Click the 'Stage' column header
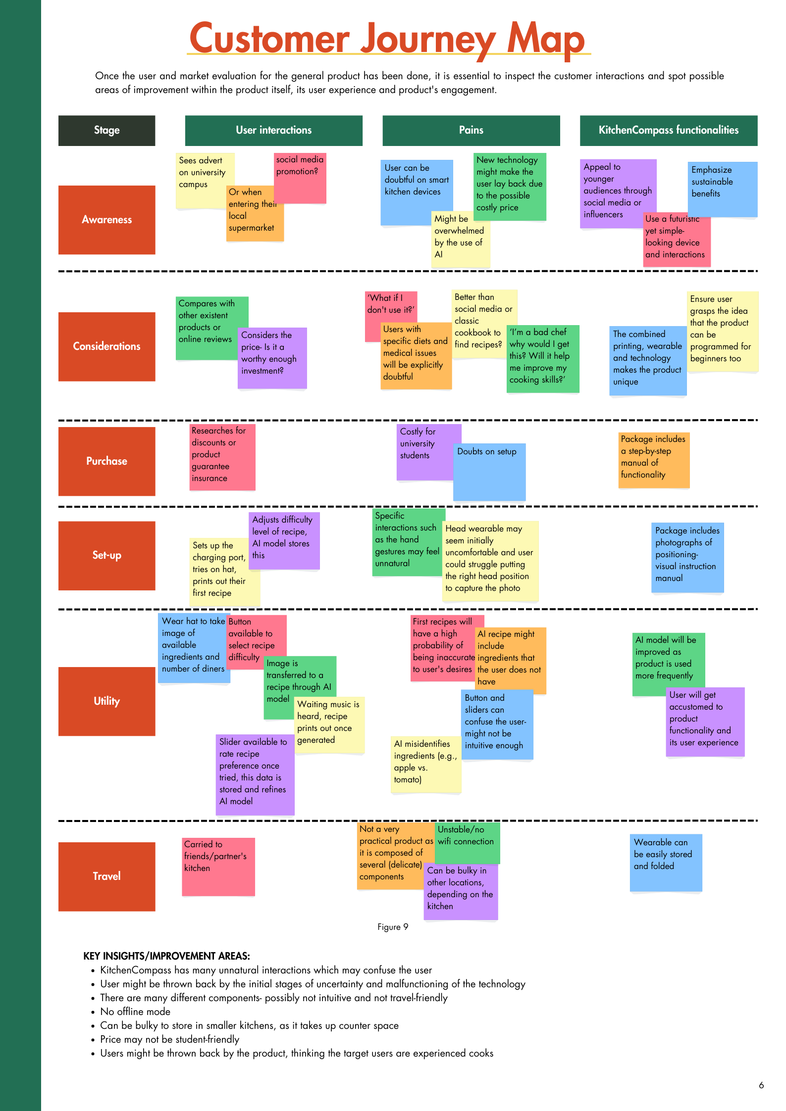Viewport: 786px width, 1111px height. pyautogui.click(x=106, y=131)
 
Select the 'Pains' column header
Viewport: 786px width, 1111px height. pyautogui.click(x=471, y=131)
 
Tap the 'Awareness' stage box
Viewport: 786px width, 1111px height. pyautogui.click(x=106, y=220)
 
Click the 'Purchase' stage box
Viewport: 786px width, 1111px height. pyautogui.click(x=106, y=461)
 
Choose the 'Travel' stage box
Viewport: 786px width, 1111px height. pyautogui.click(x=106, y=876)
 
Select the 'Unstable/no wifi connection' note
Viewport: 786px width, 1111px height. pyautogui.click(x=467, y=841)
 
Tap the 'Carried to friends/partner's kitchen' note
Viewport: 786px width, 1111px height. pyautogui.click(x=218, y=866)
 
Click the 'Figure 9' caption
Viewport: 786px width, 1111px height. pyautogui.click(x=393, y=927)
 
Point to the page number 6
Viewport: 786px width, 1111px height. pyautogui.click(x=761, y=1085)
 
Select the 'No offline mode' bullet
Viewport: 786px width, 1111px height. pyautogui.click(x=135, y=1012)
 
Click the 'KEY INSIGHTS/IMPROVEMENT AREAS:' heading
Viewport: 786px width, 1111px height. pyautogui.click(x=166, y=956)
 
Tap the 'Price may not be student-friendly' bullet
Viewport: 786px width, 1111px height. pyautogui.click(x=169, y=1039)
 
